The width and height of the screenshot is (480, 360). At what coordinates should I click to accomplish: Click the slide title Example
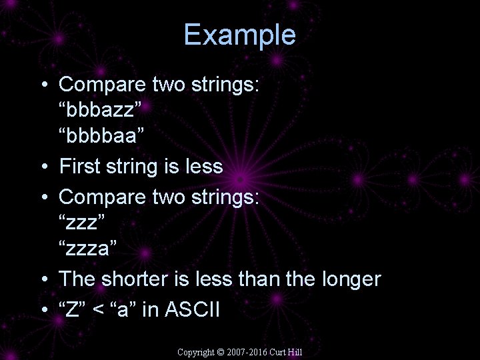click(x=239, y=35)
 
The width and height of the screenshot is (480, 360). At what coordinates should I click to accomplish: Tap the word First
click(x=79, y=166)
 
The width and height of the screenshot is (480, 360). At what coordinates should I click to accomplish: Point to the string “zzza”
click(x=88, y=249)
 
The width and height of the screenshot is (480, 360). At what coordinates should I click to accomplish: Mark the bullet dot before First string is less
click(x=43, y=166)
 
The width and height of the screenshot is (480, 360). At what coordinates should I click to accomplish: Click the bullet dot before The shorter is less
click(x=43, y=279)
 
